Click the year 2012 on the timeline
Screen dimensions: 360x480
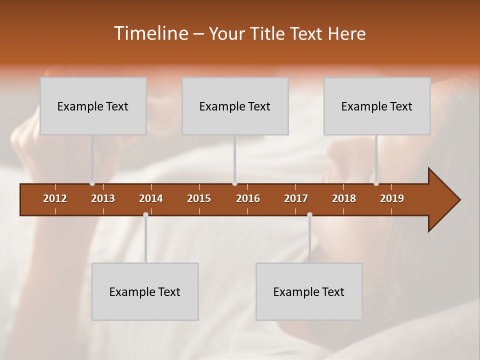coord(55,198)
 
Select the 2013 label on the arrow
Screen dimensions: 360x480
coord(103,198)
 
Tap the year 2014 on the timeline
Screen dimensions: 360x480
coord(151,198)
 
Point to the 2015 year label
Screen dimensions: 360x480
coord(199,198)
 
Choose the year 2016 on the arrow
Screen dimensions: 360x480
coord(248,198)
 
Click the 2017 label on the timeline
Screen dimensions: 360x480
coord(296,198)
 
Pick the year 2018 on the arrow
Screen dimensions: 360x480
coord(344,198)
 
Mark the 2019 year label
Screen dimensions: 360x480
coord(392,198)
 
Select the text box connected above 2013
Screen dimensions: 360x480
coord(93,106)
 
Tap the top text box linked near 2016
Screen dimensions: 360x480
coord(235,106)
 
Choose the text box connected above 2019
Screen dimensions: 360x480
coord(377,106)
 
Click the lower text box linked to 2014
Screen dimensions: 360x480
coord(145,291)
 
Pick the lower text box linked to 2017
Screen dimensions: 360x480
coord(309,291)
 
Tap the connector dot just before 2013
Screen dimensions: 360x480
coord(92,183)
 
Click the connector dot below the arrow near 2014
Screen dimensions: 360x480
coord(145,215)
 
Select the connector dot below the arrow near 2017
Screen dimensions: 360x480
coord(309,215)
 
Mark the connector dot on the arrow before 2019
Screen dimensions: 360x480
coord(376,183)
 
